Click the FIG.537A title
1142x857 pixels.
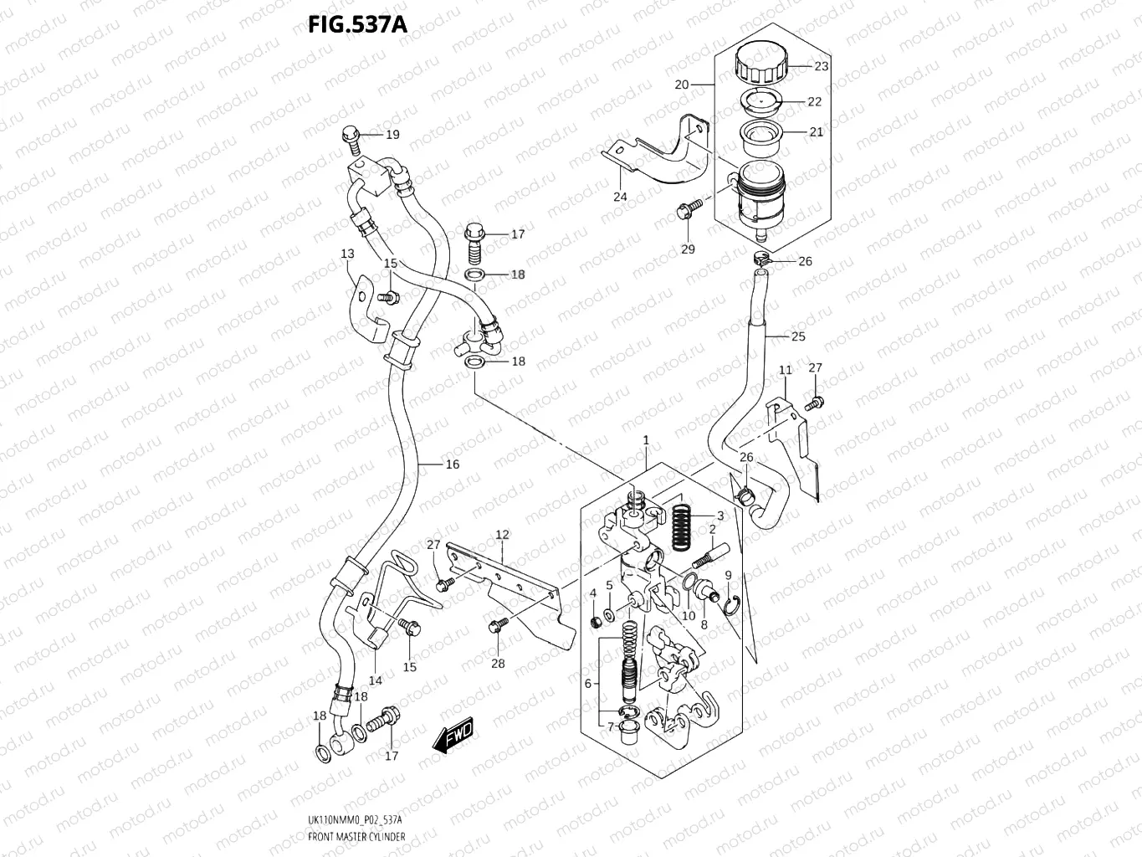(x=357, y=24)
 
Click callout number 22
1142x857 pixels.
(x=814, y=101)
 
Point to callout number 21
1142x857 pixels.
(x=816, y=131)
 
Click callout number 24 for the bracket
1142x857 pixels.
(x=619, y=197)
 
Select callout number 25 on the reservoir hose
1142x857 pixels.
(x=797, y=336)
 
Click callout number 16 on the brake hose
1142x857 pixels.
(x=452, y=464)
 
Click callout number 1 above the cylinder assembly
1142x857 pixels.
(x=646, y=439)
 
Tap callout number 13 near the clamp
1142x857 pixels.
(x=347, y=254)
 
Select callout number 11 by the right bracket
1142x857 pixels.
(x=785, y=370)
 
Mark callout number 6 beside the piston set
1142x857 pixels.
(x=587, y=683)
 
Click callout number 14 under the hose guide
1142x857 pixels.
(x=376, y=680)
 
